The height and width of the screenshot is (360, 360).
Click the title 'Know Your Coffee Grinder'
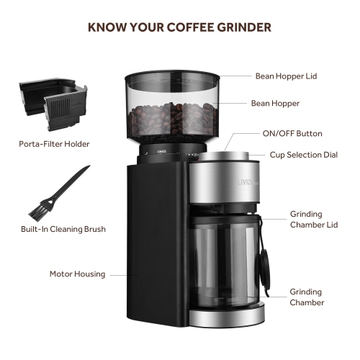[179, 28]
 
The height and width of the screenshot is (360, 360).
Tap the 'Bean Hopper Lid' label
[285, 76]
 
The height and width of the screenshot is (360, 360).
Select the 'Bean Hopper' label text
[275, 104]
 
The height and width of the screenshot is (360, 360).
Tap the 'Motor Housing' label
[77, 274]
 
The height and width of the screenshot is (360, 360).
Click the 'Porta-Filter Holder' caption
[54, 144]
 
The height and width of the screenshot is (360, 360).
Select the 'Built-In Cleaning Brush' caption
[63, 230]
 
